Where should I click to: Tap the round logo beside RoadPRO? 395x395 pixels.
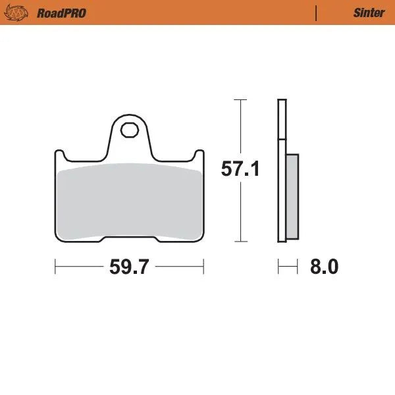pyautogui.click(x=22, y=13)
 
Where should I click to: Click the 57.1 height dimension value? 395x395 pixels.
pyautogui.click(x=240, y=169)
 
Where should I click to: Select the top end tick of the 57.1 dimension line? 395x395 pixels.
pyautogui.click(x=240, y=99)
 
